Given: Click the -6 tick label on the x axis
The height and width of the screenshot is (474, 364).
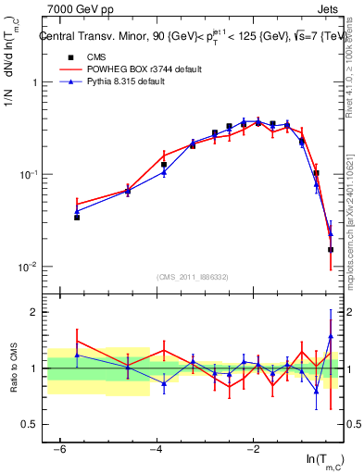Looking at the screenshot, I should [x=59, y=449].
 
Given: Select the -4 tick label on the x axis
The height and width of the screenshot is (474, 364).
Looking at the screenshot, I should [x=157, y=449].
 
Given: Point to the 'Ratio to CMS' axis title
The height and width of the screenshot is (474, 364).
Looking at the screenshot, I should [x=14, y=368].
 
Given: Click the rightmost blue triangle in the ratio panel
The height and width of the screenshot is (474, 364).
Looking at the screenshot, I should [x=331, y=336].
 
